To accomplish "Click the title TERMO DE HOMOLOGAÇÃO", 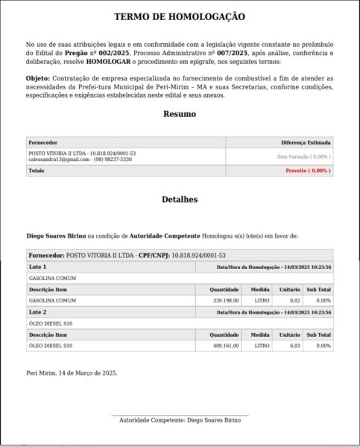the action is pos(180,16).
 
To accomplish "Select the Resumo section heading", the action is pos(180,114).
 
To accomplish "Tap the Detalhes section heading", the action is pos(180,200).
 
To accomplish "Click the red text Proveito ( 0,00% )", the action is pos(308,171).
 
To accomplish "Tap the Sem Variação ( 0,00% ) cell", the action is pos(303,156).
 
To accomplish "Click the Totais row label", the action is pos(36,171).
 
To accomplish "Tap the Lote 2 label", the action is pos(37,311).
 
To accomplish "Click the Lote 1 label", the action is pos(37,266).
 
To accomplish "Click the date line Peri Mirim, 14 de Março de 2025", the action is pos(72,372).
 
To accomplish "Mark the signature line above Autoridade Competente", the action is pos(180,415).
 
